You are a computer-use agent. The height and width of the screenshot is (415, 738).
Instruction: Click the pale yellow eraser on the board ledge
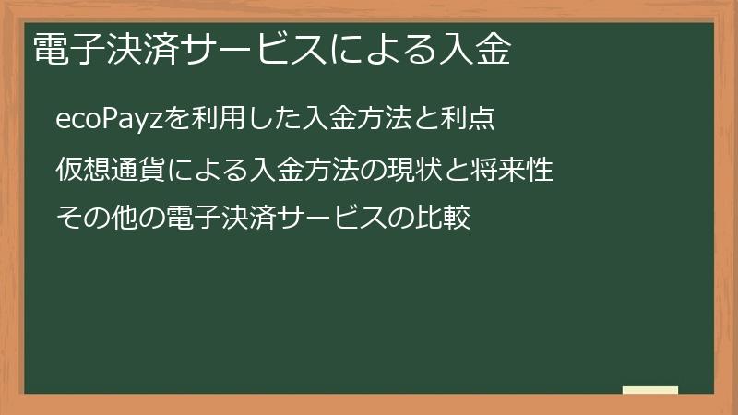tap(650, 391)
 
